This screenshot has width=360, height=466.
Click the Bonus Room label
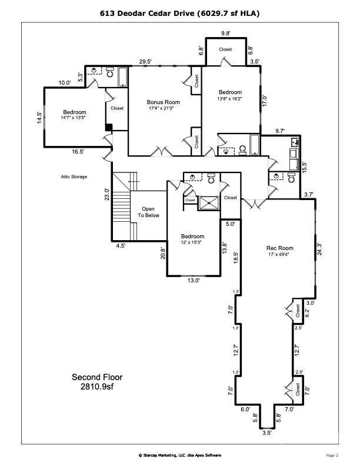tap(164, 102)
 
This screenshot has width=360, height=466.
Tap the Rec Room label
tap(280, 248)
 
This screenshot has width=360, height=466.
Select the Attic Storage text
tap(74, 177)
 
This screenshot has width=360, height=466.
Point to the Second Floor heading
tap(97, 377)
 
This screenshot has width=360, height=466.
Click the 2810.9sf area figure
tap(97, 387)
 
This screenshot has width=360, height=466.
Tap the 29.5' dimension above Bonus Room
tap(145, 61)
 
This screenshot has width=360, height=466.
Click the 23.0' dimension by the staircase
tap(106, 195)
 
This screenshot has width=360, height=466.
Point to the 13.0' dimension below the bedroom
tap(194, 281)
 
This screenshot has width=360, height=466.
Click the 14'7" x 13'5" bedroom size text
tap(75, 118)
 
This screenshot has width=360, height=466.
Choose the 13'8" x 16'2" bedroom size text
tap(230, 98)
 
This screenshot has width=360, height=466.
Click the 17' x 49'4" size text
tap(280, 254)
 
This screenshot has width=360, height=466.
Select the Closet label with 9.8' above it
tap(225, 49)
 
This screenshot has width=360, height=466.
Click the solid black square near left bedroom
tap(109, 127)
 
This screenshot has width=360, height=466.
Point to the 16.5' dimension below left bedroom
tap(78, 151)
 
